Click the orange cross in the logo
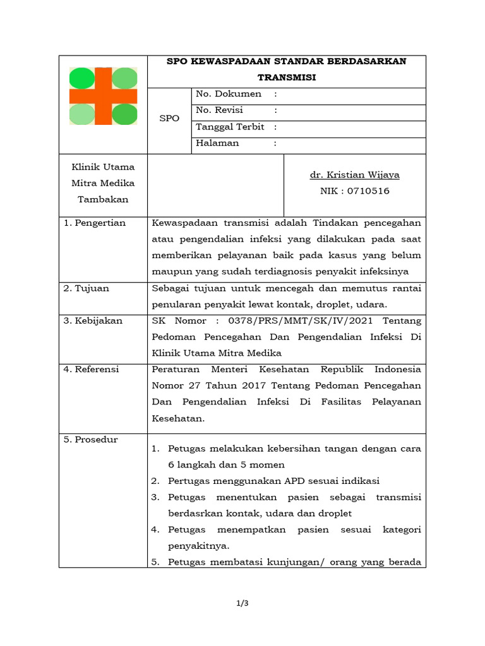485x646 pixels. pos(103,96)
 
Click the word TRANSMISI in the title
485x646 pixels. pos(286,77)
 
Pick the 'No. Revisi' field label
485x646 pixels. pos(219,110)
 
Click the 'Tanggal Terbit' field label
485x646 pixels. pos(230,127)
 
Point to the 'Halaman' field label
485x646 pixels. pos(217,143)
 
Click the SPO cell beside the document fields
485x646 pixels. pos(169,119)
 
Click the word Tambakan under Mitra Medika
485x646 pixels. pos(103,199)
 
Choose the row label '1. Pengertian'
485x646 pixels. pos(94,223)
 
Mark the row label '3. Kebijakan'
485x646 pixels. pos(92,320)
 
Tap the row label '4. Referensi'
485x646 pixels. pos(91,369)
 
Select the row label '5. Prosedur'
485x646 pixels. pos(90,440)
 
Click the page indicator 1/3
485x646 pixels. pos(242,604)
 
